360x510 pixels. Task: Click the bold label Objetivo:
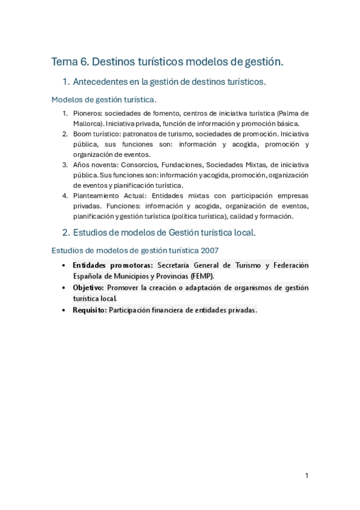point(88,287)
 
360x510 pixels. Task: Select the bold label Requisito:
point(90,310)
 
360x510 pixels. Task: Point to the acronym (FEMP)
point(202,275)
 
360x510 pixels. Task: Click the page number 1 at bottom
point(307,476)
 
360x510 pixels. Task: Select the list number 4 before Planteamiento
point(65,196)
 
